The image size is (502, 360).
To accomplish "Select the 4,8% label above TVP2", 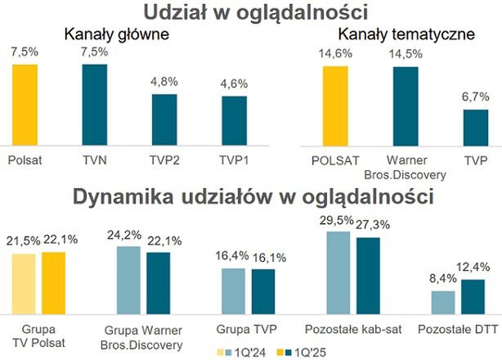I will pyautogui.click(x=164, y=83).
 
